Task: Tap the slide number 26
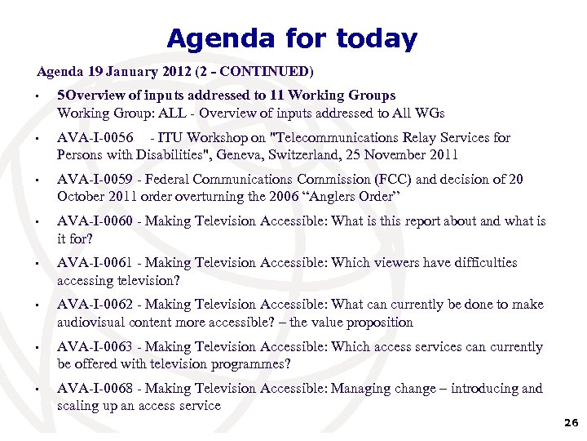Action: click(x=570, y=422)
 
